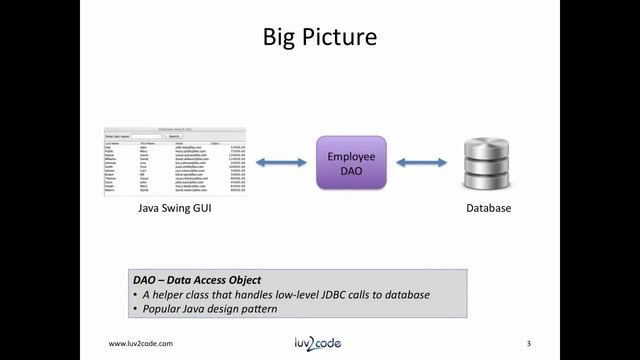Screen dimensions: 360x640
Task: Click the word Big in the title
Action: point(283,39)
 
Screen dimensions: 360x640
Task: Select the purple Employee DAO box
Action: point(351,163)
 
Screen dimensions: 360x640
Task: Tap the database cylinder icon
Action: point(489,163)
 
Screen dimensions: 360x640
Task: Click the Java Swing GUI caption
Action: point(175,210)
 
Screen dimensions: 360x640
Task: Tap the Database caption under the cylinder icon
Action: point(489,210)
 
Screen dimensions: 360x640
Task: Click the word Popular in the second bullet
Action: point(161,309)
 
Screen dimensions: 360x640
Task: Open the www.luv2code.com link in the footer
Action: point(145,344)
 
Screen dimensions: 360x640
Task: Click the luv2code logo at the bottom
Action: point(320,343)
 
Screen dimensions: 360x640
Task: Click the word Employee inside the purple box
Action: point(351,156)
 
